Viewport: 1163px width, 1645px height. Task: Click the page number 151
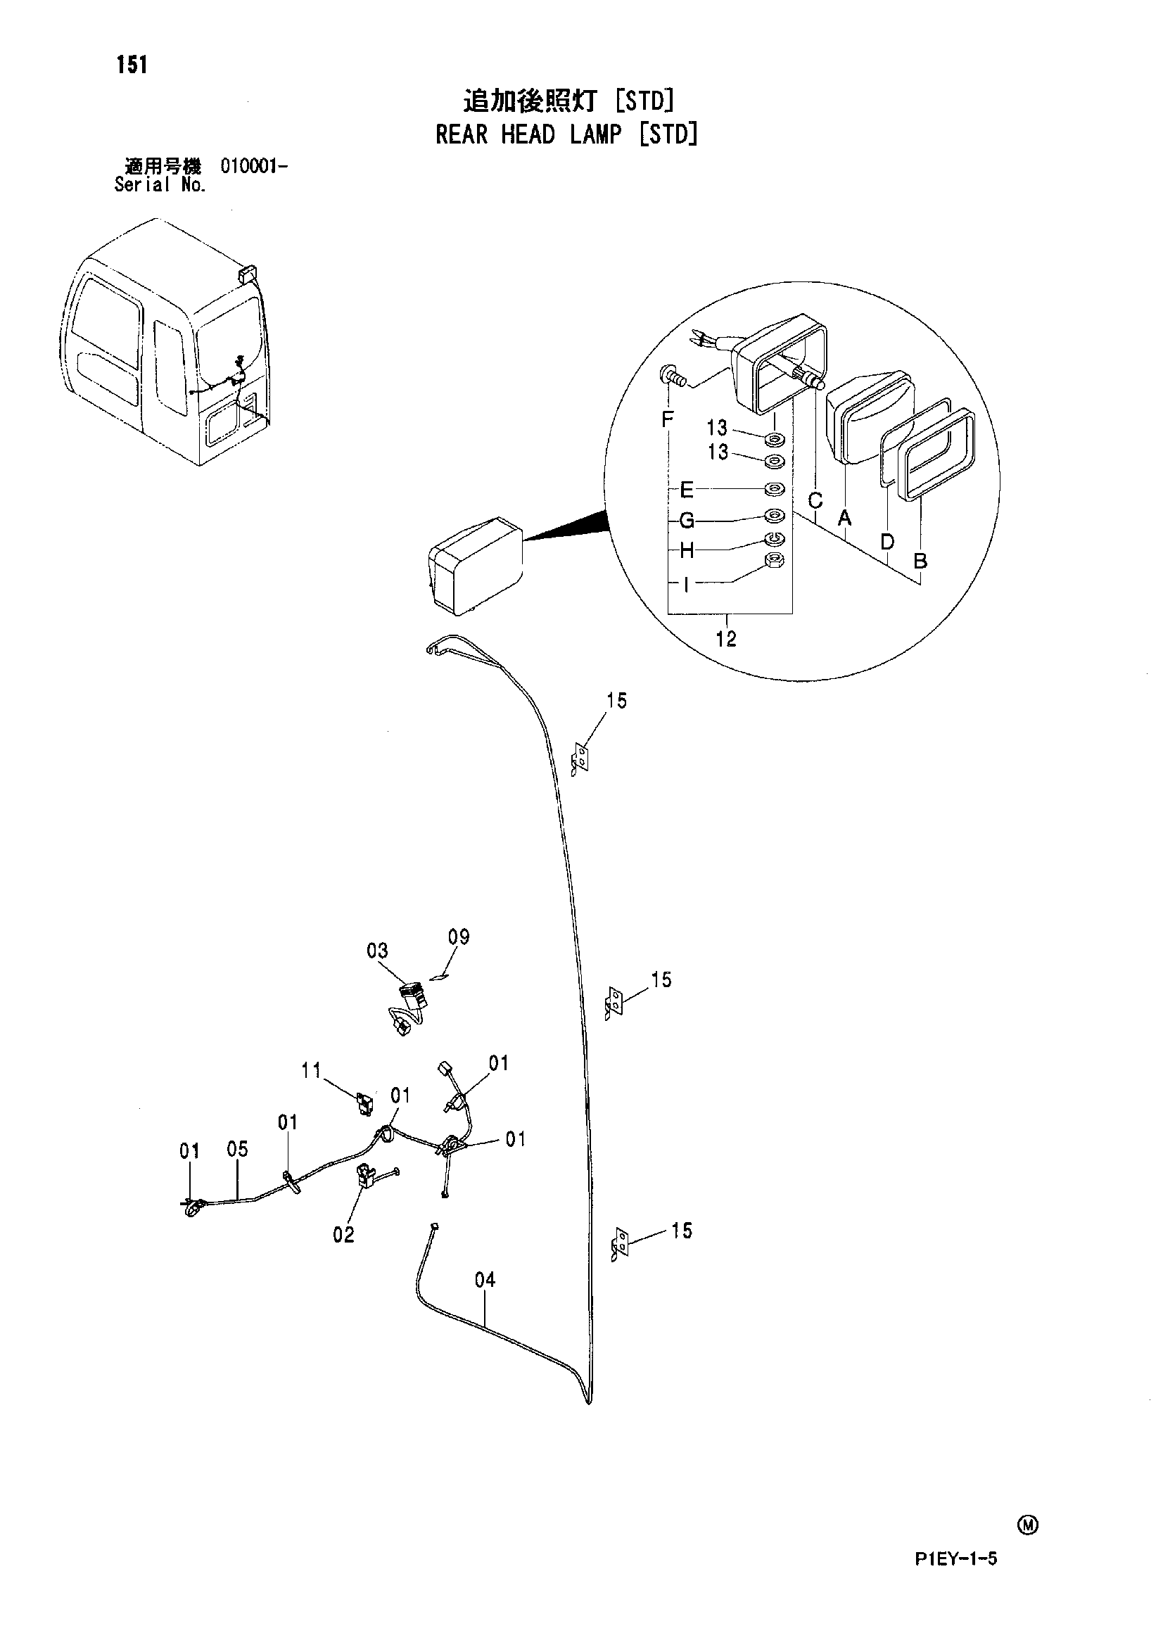click(x=132, y=65)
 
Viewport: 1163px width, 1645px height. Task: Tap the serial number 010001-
click(x=255, y=167)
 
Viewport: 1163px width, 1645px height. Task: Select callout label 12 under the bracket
click(x=726, y=638)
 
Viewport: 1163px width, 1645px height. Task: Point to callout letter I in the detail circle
click(x=687, y=585)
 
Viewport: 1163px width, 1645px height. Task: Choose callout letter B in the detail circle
click(x=921, y=561)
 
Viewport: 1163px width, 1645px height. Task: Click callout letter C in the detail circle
click(x=815, y=501)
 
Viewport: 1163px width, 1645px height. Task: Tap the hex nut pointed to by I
click(x=775, y=561)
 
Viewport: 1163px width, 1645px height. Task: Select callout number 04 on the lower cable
click(x=485, y=1280)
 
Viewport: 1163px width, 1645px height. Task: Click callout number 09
click(x=459, y=936)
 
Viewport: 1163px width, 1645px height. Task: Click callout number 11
click(x=311, y=1070)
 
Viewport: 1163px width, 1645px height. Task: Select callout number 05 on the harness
click(x=237, y=1149)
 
